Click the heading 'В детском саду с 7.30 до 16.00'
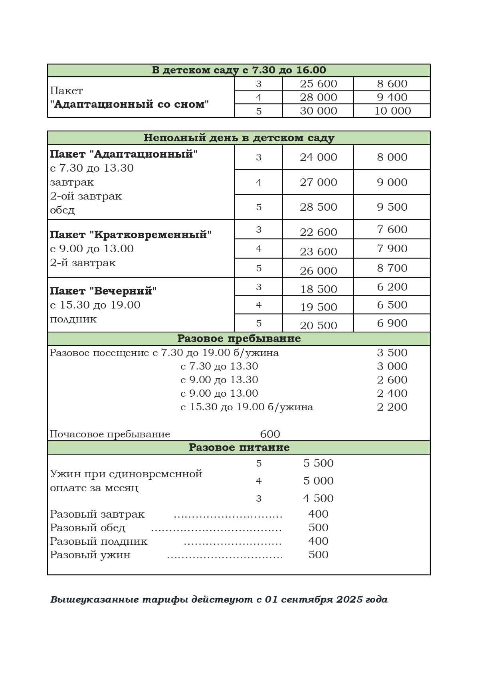239,70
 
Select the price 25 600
318,84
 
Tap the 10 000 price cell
392,111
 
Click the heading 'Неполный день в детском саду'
239,138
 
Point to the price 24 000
318,157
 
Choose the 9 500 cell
392,207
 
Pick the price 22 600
318,232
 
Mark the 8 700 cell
392,268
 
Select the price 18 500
318,289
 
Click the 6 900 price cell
392,323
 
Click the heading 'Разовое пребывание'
239,338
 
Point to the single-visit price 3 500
392,353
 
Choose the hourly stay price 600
270,434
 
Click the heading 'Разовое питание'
239,447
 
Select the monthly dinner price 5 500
318,463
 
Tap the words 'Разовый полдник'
99,542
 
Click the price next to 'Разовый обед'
318,528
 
